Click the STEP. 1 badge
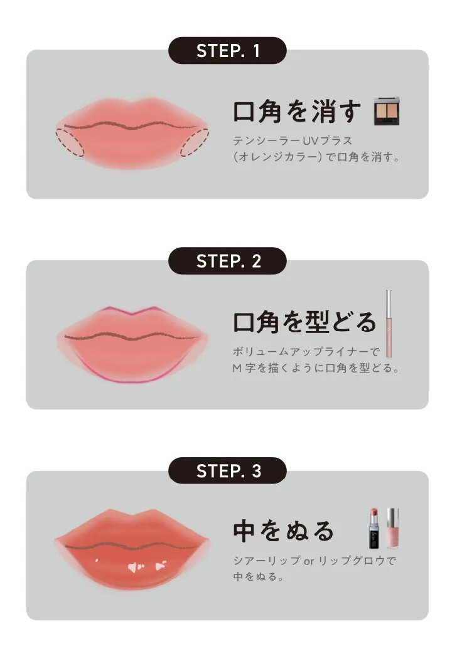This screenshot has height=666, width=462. (x=227, y=51)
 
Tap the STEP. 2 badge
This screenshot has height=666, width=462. (x=227, y=261)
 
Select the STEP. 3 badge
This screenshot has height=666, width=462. (x=227, y=471)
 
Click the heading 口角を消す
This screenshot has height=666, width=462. (x=298, y=112)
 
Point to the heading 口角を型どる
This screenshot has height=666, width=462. (x=304, y=322)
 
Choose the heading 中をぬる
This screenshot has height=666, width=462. (x=284, y=531)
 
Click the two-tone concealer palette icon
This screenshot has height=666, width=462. (x=387, y=112)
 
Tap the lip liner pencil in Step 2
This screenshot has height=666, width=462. (x=389, y=322)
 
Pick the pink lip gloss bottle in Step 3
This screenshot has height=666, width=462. (x=392, y=528)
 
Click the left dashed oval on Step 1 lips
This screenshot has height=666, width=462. (x=70, y=142)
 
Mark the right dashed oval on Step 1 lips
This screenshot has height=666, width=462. (x=195, y=142)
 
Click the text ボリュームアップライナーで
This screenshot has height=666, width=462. (x=306, y=351)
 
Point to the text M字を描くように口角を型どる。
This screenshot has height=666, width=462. (x=316, y=368)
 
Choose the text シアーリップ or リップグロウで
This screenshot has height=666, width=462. (x=314, y=561)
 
